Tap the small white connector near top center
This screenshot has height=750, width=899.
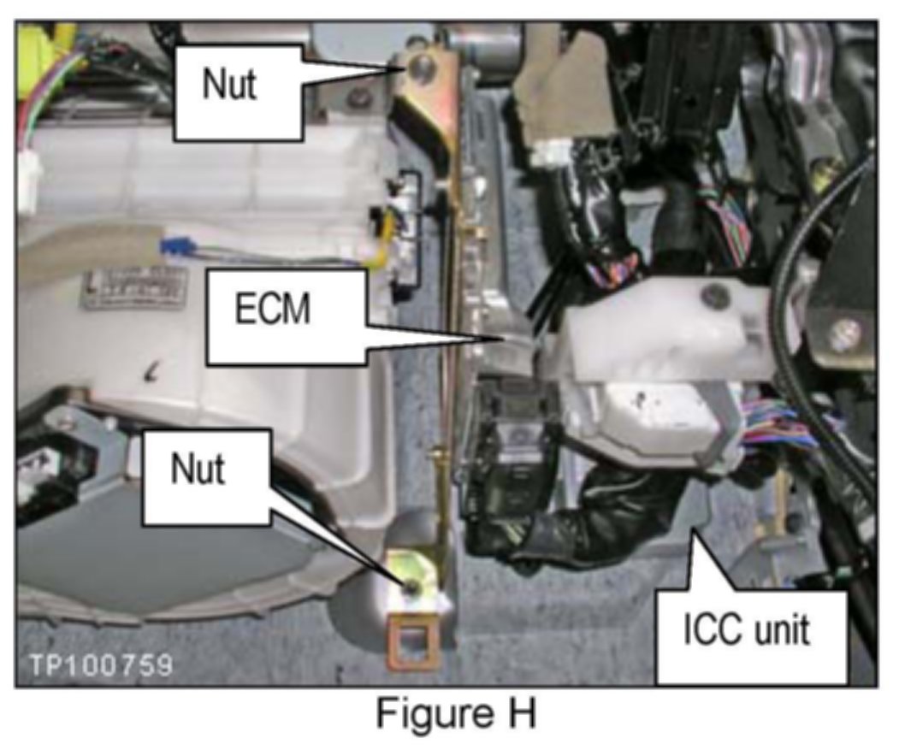coord(547,156)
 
